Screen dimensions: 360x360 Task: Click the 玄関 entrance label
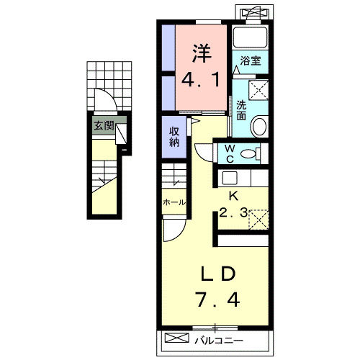pos(104,125)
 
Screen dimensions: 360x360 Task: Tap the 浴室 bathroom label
pos(251,60)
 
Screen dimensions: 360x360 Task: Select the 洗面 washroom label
pos(241,110)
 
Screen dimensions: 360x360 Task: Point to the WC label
pos(230,154)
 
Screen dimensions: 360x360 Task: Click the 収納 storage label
pos(174,137)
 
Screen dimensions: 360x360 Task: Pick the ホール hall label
pos(174,202)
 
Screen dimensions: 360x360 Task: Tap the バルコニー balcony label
pos(219,341)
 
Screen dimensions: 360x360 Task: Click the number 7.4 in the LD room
pos(217,300)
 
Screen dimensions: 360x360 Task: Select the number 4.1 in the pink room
pos(201,80)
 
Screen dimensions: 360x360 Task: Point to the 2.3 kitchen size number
pos(233,212)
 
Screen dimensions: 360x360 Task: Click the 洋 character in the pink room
pos(202,53)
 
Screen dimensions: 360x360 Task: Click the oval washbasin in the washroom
pos(258,126)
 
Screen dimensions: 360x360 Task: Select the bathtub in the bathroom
pos(251,37)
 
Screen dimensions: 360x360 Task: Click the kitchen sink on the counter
pos(230,178)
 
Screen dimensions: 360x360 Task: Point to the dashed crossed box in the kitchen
pos(258,220)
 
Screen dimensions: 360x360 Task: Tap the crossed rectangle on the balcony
pos(176,338)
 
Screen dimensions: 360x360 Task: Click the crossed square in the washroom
pos(258,90)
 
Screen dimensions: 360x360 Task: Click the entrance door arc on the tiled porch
pos(109,96)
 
